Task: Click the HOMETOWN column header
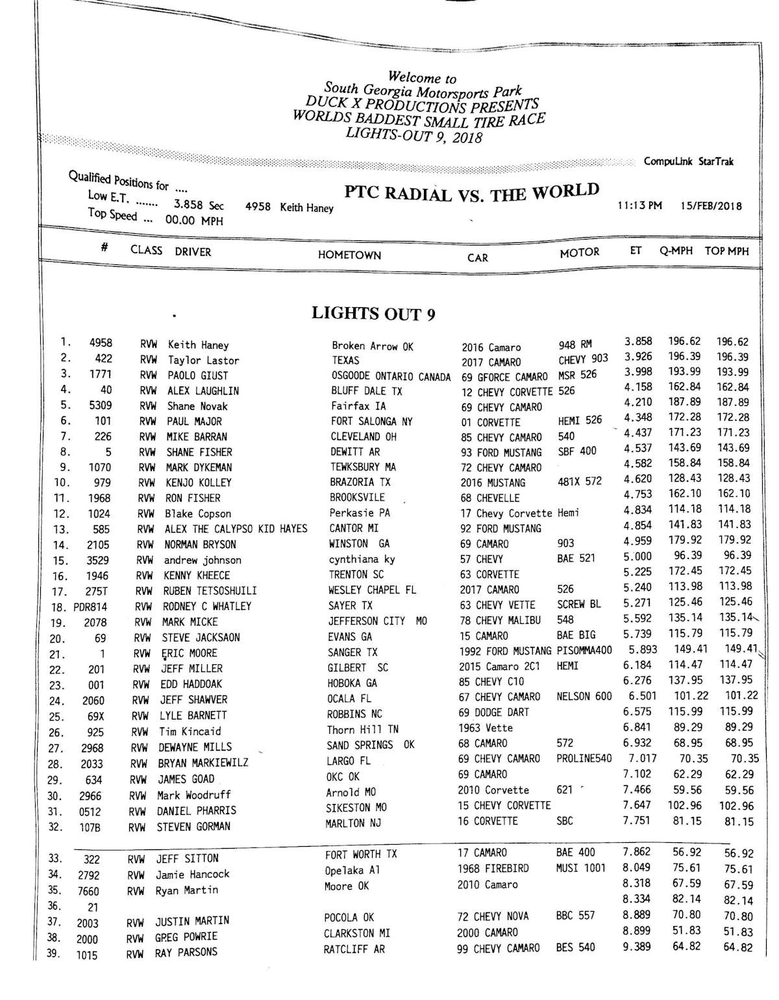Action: click(x=349, y=255)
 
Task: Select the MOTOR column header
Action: click(x=579, y=252)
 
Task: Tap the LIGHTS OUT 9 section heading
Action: click(x=373, y=314)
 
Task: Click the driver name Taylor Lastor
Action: click(x=203, y=360)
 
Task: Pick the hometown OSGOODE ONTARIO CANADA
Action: click(x=391, y=377)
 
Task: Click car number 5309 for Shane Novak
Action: click(x=100, y=406)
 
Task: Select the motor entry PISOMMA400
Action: click(x=584, y=651)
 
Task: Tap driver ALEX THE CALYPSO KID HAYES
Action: click(x=236, y=529)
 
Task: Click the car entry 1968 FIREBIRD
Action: click(x=493, y=868)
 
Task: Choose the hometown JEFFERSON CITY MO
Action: click(x=377, y=621)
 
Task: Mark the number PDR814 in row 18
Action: click(x=90, y=607)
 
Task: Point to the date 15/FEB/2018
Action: click(x=711, y=206)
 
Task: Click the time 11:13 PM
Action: click(x=639, y=206)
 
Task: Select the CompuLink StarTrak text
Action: click(x=688, y=162)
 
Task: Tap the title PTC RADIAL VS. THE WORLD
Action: click(x=471, y=193)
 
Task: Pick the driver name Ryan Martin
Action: click(x=186, y=890)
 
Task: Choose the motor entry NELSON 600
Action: click(x=584, y=697)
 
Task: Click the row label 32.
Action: click(x=55, y=827)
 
